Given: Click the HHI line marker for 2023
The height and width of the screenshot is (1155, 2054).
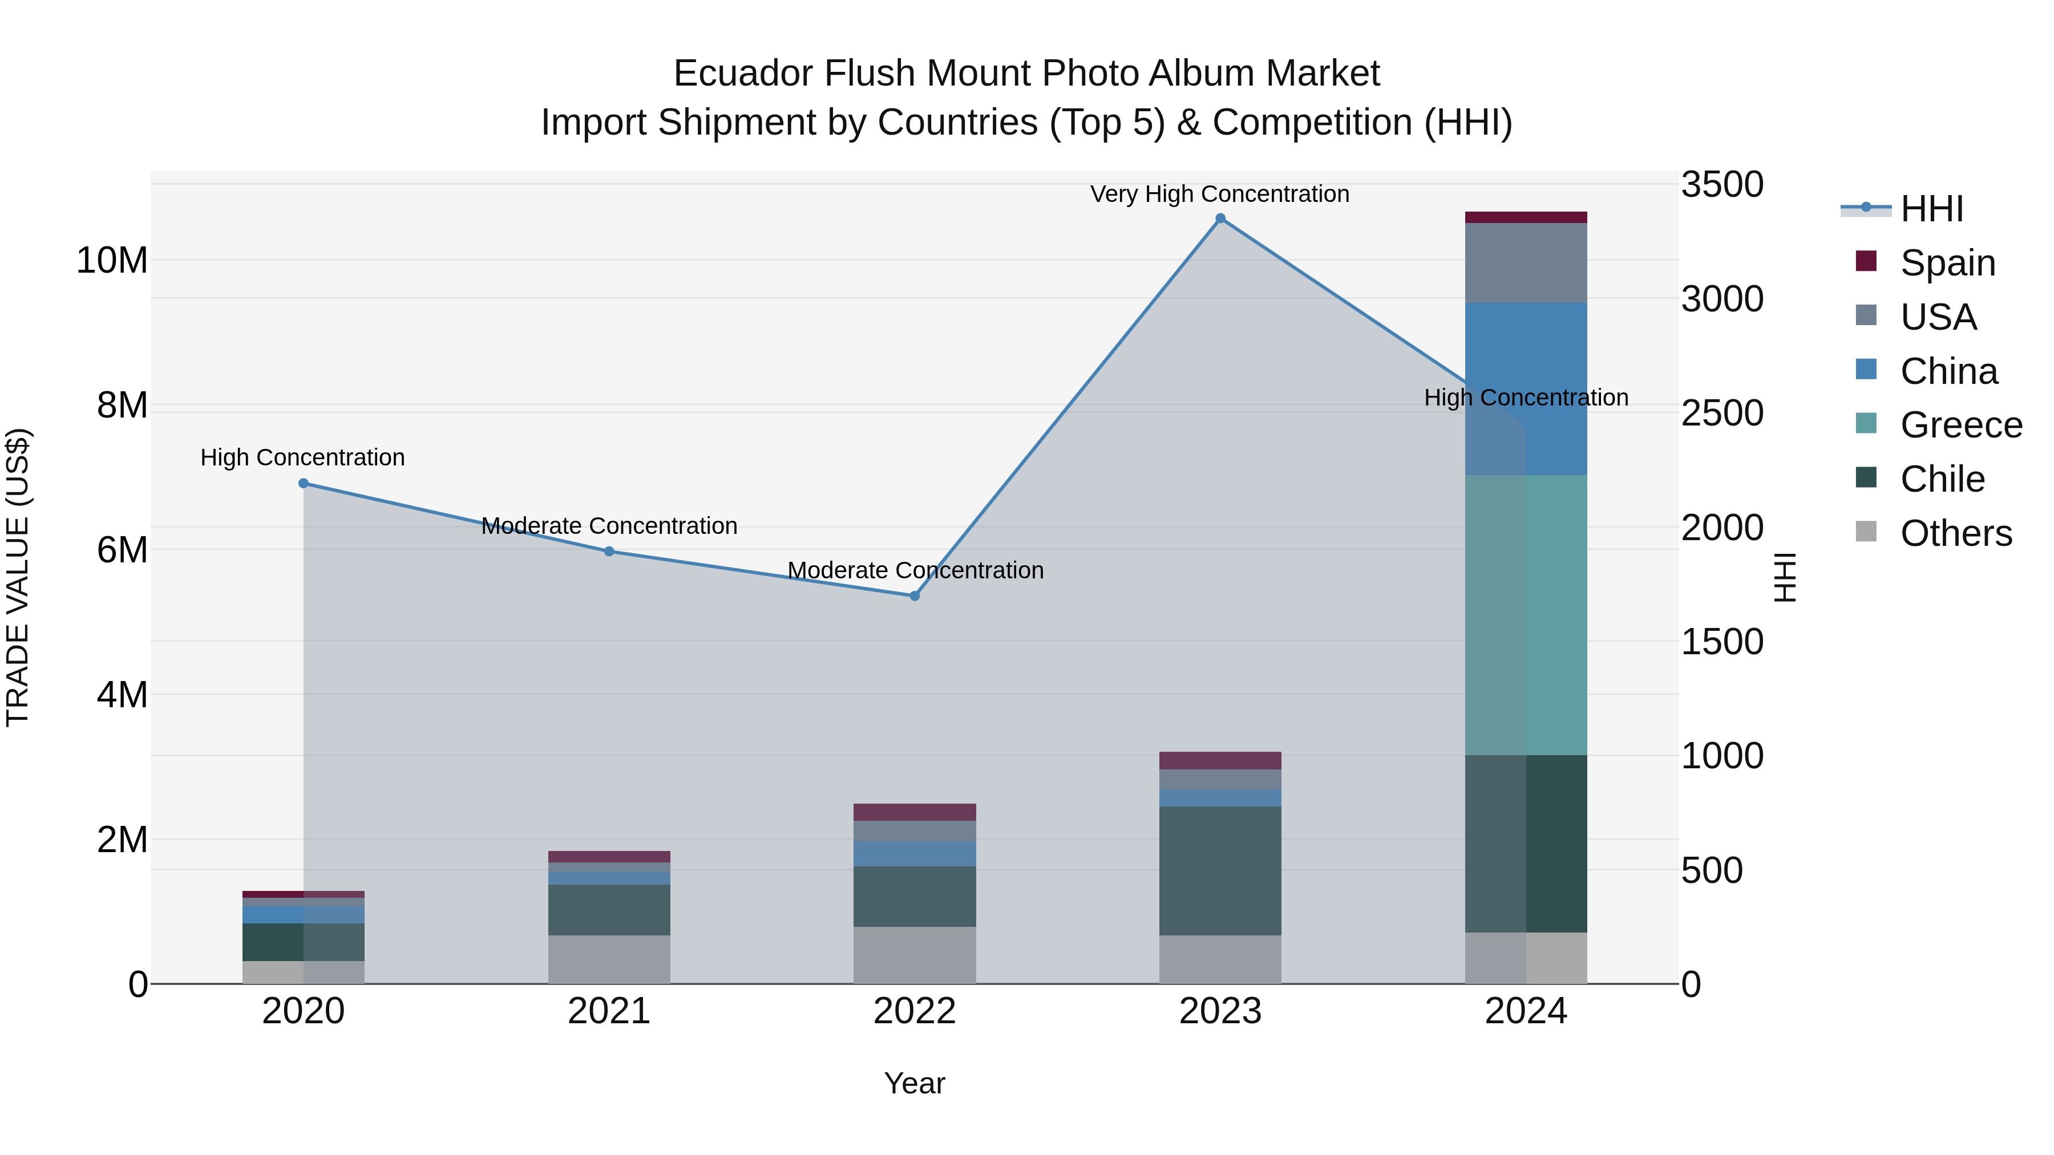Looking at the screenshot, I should pos(1220,218).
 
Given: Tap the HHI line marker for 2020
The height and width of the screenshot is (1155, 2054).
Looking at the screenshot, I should pos(304,483).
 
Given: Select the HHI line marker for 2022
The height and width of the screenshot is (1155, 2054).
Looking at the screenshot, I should pos(915,595).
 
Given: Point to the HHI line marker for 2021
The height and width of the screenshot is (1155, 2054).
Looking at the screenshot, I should pos(609,551).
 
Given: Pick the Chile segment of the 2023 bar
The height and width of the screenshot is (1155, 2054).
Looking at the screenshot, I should pos(1220,870).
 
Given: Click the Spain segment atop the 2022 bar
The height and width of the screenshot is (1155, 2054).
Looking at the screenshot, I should pos(915,812).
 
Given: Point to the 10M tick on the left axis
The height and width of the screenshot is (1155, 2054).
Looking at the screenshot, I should pos(112,261).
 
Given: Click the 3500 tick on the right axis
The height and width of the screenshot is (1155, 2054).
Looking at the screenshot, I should pos(1723,184).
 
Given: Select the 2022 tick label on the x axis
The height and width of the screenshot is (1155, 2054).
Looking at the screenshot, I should pos(915,1011).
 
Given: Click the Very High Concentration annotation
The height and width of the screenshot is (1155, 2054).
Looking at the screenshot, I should pos(1219,194).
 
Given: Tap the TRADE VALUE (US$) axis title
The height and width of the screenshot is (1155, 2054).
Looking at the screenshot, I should pos(18,577).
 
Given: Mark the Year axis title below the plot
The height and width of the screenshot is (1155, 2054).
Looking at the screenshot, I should pos(915,1083).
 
